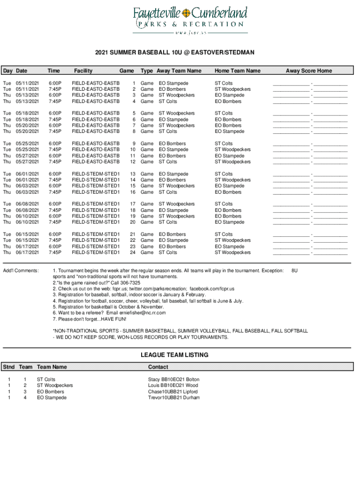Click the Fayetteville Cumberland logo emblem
pos(187,12)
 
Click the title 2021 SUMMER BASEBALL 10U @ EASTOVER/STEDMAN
pos(175,52)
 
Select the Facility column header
pos(83,71)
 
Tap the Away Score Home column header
pos(309,71)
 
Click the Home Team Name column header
pos(237,71)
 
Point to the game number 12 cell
pos(133,162)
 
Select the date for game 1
pos(27,83)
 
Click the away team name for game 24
pos(168,253)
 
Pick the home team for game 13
pos(223,174)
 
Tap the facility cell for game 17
pos(95,204)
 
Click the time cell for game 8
pos(55,131)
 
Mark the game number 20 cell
pos(133,222)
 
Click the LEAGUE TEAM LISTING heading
pos(174,355)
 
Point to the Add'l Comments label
pos(21,271)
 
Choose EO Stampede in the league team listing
pos(51,398)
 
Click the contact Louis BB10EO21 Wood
pos(173,385)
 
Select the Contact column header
pos(158,367)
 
